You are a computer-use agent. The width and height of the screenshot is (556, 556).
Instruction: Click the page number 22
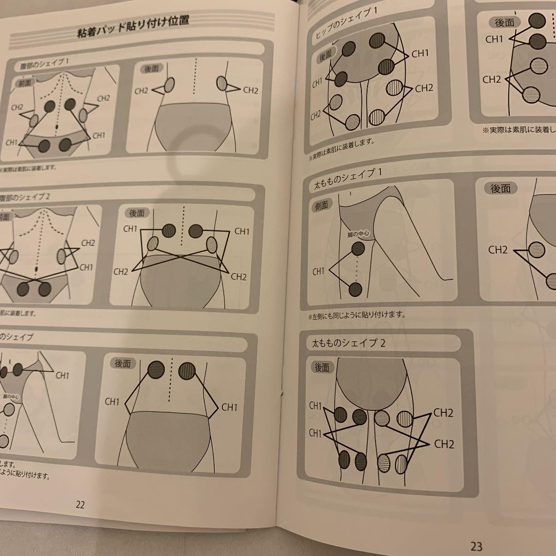coord(80,505)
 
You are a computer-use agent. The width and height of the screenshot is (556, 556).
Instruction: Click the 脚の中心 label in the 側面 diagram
coord(359,234)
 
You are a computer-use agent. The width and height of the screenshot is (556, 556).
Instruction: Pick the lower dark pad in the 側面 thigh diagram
coord(355,289)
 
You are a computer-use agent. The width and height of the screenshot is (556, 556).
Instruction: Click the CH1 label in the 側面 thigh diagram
coord(319,271)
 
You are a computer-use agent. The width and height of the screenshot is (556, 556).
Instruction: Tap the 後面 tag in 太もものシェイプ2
coord(322,368)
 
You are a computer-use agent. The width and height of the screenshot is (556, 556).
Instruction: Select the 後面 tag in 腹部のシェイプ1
coord(152,67)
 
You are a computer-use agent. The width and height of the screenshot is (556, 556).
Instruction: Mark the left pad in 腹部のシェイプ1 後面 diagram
coord(169,85)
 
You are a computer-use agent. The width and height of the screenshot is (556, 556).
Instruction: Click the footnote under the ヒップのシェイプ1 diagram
coord(342,142)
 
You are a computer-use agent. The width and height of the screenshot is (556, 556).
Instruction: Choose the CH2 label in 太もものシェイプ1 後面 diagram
coord(498,250)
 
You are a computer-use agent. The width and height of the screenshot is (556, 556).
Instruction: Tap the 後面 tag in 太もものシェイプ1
coord(500,189)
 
